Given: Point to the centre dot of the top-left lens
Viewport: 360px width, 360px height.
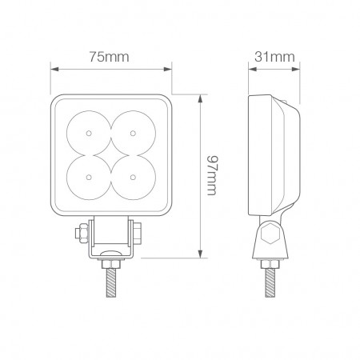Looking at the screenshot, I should tap(92, 131).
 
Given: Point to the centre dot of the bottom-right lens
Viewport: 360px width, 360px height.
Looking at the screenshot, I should tap(131, 170).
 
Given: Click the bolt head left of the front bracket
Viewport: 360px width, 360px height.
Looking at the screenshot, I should tap(80, 234).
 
